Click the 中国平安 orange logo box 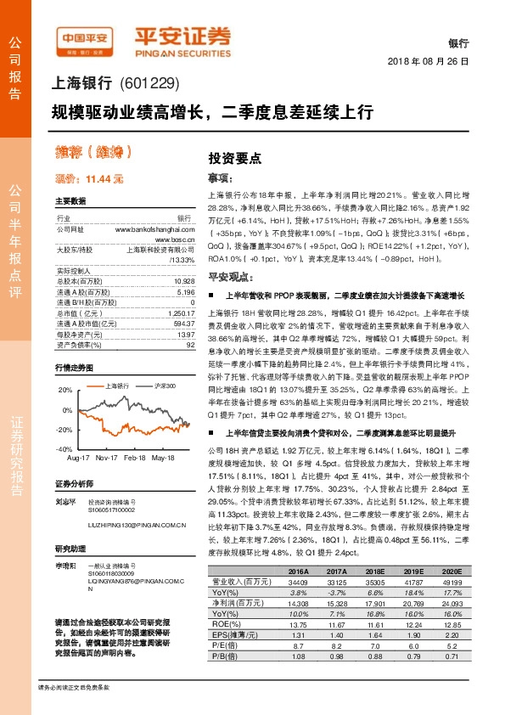86,38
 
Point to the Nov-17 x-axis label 107,457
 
